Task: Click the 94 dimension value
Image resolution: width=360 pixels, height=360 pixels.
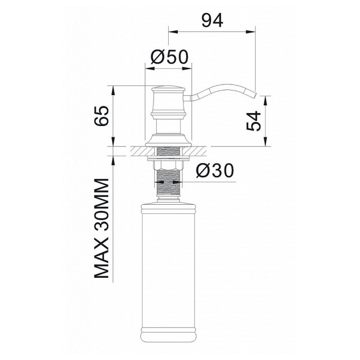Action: (212, 20)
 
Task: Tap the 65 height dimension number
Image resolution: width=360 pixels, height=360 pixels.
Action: (101, 116)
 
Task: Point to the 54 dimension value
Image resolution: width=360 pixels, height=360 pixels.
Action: (254, 121)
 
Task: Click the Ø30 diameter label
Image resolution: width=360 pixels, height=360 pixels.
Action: (215, 171)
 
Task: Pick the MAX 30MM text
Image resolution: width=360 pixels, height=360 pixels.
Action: (101, 228)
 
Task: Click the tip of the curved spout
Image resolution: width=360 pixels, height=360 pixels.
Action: (255, 95)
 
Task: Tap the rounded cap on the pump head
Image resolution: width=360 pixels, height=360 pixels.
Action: (168, 88)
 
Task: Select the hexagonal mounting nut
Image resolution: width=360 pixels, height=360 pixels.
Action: (168, 165)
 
